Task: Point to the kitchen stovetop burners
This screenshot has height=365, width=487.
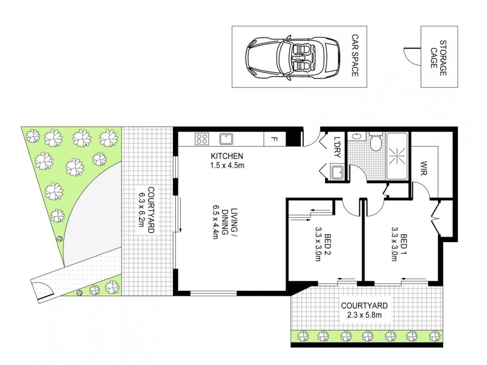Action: pyautogui.click(x=201, y=139)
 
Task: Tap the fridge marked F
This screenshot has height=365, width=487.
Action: pyautogui.click(x=273, y=139)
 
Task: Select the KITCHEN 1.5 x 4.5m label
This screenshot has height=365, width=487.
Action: pyautogui.click(x=228, y=160)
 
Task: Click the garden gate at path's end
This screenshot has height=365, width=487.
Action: pyautogui.click(x=44, y=291)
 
